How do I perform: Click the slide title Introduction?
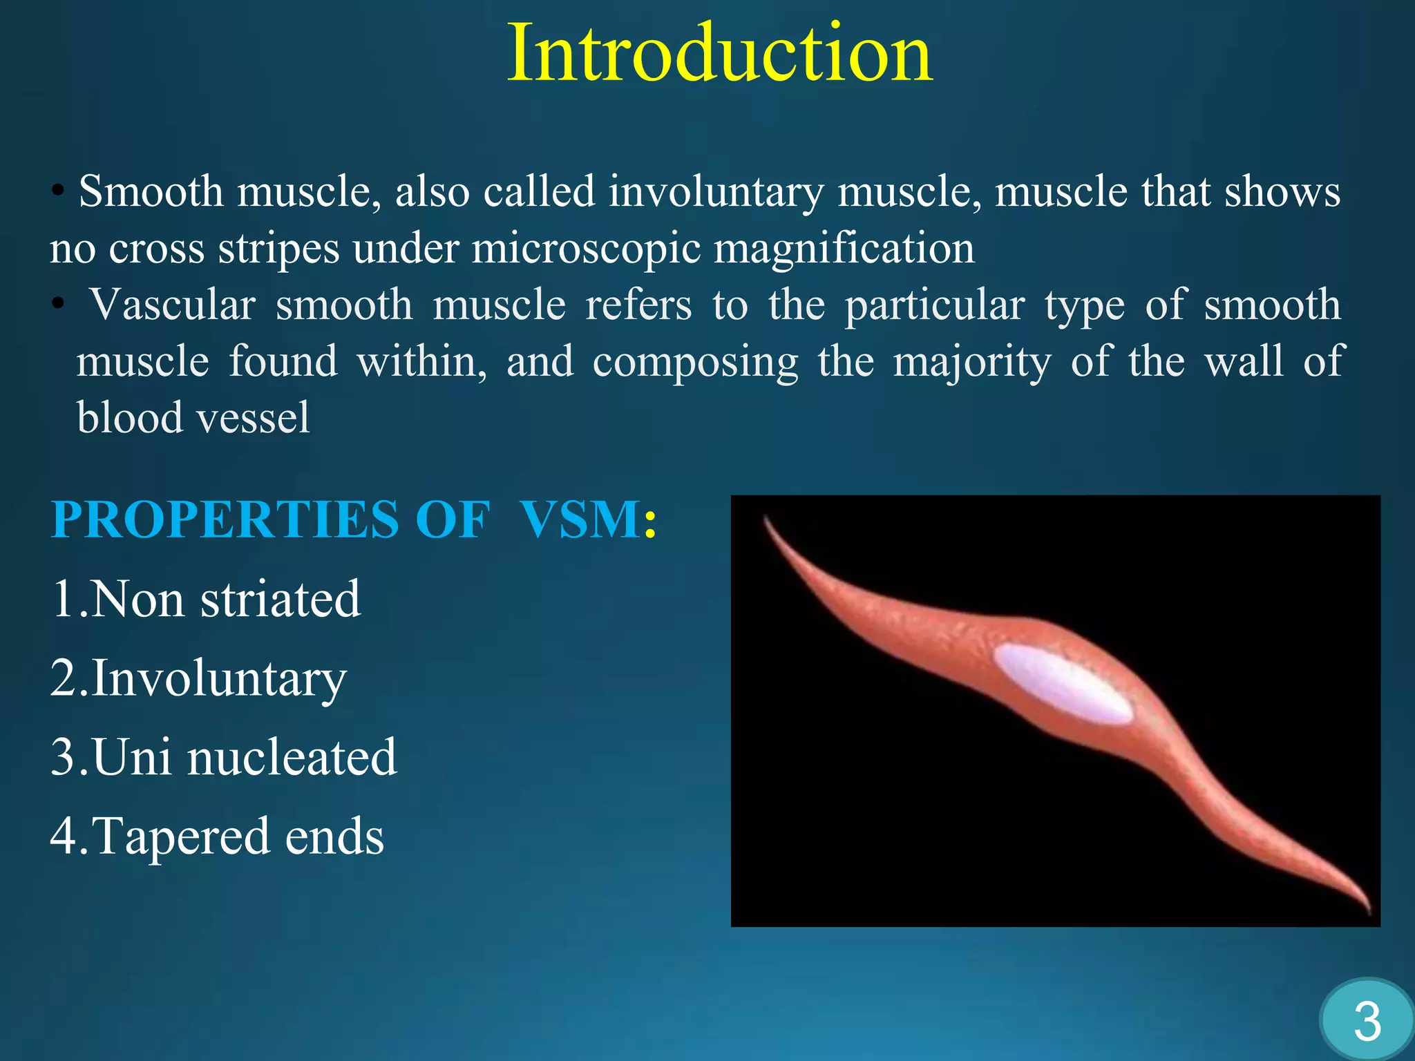coord(720,54)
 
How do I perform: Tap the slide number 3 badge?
coord(1367,1022)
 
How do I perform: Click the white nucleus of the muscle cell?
coord(1063,684)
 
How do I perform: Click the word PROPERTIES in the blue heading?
coord(225,519)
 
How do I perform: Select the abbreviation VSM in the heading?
coord(580,519)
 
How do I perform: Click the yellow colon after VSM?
coord(649,522)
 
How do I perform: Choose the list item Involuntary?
coord(199,678)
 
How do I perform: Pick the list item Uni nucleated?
coord(224,757)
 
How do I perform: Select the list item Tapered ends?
coord(217,836)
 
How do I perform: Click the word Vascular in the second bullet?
coord(173,305)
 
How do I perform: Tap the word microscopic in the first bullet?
coord(586,249)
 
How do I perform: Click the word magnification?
coord(844,249)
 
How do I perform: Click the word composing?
coord(695,362)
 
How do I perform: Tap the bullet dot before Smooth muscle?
coord(59,192)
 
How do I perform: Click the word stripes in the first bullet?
coord(279,249)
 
